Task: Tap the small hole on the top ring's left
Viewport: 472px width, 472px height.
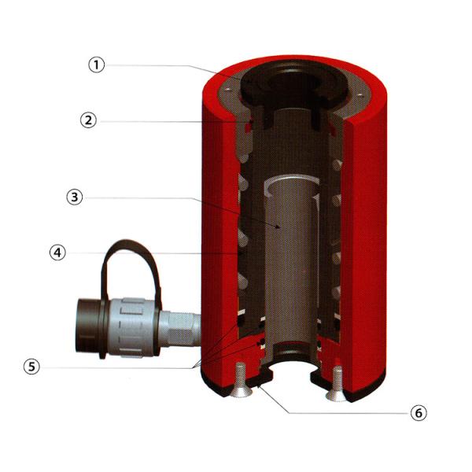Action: click(228, 94)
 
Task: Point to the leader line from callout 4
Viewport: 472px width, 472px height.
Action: click(157, 254)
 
